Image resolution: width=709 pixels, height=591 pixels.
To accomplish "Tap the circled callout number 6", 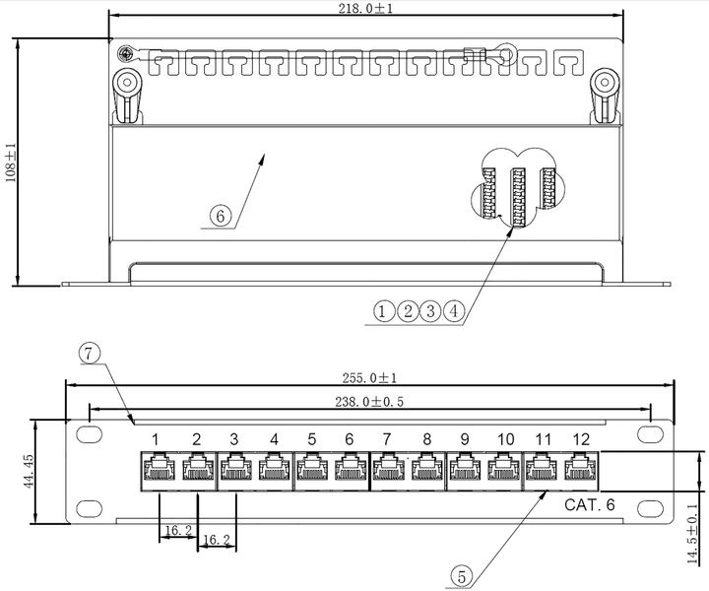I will point(222,216).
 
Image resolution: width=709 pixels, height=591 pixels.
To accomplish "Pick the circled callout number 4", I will point(453,312).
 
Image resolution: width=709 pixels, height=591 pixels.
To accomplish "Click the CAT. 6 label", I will point(590,505).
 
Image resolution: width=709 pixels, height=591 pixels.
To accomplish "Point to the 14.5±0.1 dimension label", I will point(691,532).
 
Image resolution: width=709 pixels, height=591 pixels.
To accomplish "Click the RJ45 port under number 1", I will point(158,469).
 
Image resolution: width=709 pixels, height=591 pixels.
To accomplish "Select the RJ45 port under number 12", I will point(580,469).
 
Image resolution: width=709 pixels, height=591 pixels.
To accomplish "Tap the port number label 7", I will point(387,439).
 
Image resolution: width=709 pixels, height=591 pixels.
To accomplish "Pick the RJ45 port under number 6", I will point(350,469).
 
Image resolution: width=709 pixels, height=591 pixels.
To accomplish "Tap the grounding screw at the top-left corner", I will point(125,54).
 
